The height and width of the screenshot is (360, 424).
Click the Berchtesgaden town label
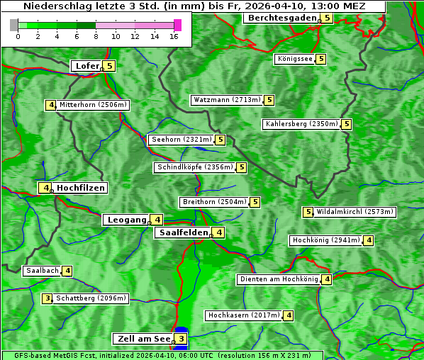[281, 18]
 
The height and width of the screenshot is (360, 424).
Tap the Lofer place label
[87, 66]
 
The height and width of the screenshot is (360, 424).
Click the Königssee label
[295, 59]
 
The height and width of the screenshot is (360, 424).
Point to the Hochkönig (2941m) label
[325, 240]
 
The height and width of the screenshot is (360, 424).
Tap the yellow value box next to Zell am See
[182, 339]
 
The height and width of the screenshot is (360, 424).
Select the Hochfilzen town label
[81, 188]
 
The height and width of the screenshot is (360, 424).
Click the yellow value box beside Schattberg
[48, 298]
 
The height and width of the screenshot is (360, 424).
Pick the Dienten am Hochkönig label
[278, 279]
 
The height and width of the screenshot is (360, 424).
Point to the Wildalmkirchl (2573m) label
[355, 212]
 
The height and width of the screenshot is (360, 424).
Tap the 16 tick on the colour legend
[174, 36]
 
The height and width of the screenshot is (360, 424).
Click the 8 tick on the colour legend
[96, 36]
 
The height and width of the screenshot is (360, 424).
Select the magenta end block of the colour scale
[177, 25]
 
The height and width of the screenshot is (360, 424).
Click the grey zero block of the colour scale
[14, 25]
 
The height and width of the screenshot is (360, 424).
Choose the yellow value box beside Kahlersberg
[346, 124]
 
